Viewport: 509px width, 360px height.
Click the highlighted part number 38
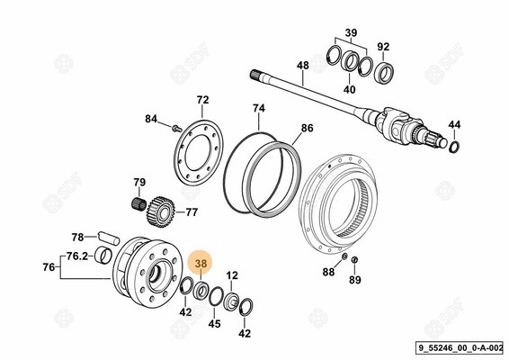pos(201,264)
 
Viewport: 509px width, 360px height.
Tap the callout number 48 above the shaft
pos(303,66)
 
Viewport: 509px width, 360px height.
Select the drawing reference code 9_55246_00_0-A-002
pos(460,348)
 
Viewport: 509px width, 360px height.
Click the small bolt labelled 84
pos(176,128)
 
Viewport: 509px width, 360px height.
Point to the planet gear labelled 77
pos(161,211)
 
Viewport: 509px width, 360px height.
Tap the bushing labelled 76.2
pos(104,256)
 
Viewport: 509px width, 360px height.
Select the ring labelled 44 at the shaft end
pos(454,147)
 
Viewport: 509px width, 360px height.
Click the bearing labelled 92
pos(383,74)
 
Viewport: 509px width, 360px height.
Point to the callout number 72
pos(202,100)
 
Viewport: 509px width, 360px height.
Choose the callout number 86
pos(307,129)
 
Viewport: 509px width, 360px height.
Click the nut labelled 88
pos(344,257)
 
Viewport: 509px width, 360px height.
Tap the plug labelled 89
pos(354,259)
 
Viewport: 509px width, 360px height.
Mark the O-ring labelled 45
pos(216,297)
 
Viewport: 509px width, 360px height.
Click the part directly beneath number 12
pos(232,300)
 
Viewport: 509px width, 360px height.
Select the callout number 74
pos(259,108)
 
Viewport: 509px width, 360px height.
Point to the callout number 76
pos(49,267)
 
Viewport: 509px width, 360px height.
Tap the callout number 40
pos(349,89)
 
